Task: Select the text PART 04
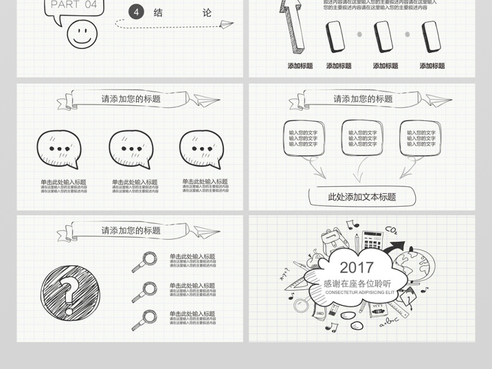tap(74, 5)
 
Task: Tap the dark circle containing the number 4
tap(137, 12)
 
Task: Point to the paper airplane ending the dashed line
tap(227, 24)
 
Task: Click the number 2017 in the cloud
tap(356, 268)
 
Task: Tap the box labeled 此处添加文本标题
tap(362, 197)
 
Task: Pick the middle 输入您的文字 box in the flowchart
tap(362, 138)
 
